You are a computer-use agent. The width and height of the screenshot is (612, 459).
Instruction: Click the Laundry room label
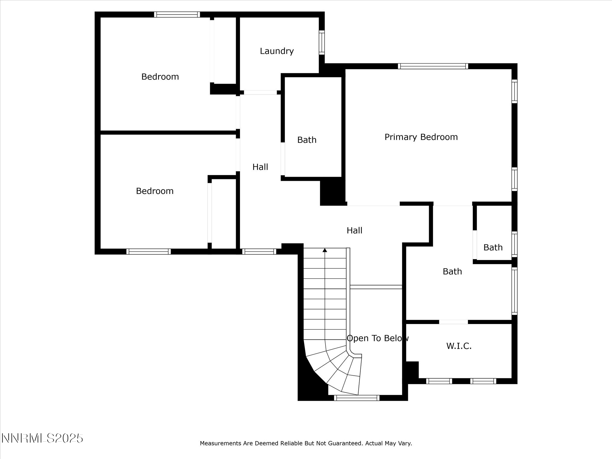(x=276, y=51)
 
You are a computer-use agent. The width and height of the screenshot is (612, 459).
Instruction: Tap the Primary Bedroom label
(x=421, y=137)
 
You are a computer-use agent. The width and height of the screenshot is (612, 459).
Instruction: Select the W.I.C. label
(x=459, y=346)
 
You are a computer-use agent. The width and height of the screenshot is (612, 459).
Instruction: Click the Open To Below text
(x=377, y=338)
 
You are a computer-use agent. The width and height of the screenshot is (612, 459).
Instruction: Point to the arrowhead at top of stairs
(x=325, y=250)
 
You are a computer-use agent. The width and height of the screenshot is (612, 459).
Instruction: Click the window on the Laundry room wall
(x=322, y=42)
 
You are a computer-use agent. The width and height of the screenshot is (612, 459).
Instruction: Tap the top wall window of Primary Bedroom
(x=433, y=66)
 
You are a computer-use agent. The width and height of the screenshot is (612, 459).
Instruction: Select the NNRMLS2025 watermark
(x=42, y=438)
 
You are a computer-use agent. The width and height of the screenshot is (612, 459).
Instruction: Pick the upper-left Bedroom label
(x=160, y=77)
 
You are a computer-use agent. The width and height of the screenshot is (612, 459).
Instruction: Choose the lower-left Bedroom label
(x=154, y=191)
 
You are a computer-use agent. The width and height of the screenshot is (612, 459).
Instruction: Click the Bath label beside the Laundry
(x=307, y=140)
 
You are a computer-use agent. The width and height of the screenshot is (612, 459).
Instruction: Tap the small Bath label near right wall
(x=493, y=247)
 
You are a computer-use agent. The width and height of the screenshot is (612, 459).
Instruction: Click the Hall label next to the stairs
(x=354, y=230)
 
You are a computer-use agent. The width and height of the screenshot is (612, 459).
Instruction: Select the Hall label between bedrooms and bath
(x=260, y=167)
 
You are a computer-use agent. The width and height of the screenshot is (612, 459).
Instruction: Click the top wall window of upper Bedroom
(x=177, y=14)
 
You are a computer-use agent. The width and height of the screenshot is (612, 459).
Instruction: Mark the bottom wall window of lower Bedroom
(x=149, y=252)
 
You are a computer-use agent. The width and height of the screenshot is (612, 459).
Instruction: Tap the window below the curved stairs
(x=357, y=398)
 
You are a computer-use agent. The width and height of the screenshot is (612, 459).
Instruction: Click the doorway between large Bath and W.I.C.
(x=453, y=322)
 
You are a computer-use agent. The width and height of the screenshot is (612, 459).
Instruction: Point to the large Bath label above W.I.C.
(x=452, y=271)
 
